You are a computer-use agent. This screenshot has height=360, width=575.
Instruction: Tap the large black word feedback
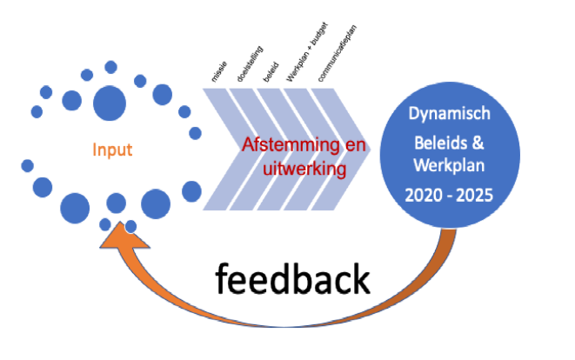coord(292,280)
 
